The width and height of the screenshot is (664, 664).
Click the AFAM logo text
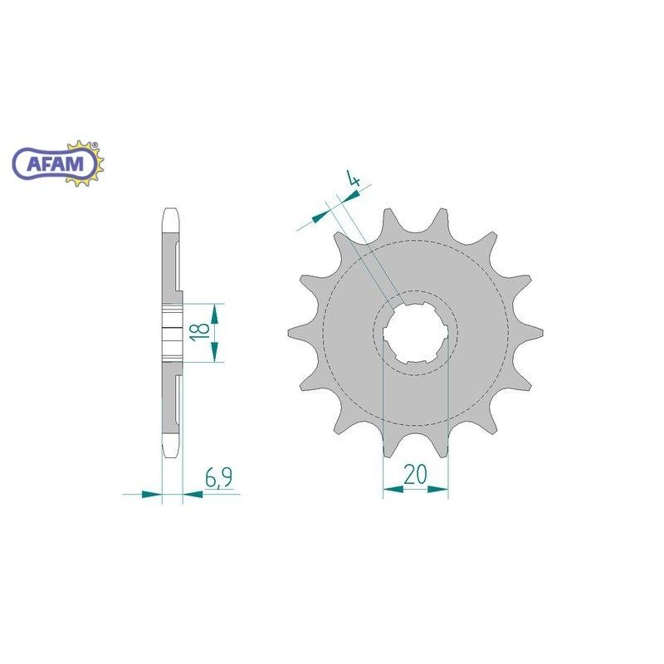pyautogui.click(x=55, y=163)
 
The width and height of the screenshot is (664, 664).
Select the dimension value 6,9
pyautogui.click(x=218, y=479)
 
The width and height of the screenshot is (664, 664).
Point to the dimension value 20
pyautogui.click(x=415, y=474)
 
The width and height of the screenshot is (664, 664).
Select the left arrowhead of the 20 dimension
pyautogui.click(x=393, y=490)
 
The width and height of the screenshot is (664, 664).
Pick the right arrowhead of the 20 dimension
pyautogui.click(x=438, y=490)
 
